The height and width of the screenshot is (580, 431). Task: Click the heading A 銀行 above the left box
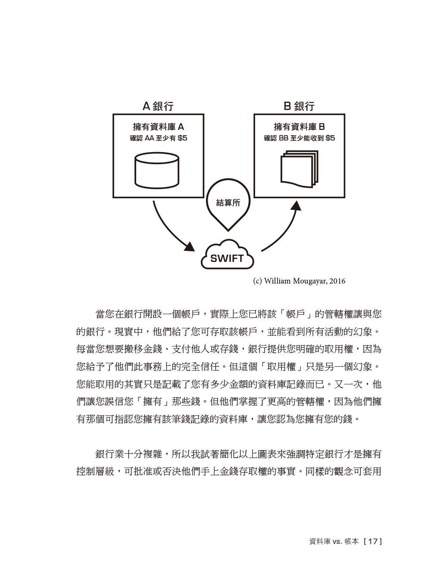point(158,106)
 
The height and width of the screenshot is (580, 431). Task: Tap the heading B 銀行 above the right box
point(299,106)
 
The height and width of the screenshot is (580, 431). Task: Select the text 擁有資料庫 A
point(159,127)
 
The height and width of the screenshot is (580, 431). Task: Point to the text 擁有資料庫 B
point(299,127)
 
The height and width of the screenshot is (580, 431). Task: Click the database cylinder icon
point(157,171)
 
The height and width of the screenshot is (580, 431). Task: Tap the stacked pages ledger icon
point(299,169)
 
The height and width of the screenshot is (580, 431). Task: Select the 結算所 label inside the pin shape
point(228,203)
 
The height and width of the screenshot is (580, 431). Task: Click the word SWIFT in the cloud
point(227,259)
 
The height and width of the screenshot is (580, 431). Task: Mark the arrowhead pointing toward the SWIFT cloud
point(190,246)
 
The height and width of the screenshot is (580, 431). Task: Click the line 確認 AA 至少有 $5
point(159,138)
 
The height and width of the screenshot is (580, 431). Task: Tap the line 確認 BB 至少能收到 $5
point(299,138)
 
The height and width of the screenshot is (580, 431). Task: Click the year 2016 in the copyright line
point(337,281)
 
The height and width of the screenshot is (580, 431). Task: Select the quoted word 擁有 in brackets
point(153,402)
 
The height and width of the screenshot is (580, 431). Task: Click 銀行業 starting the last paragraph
point(109,454)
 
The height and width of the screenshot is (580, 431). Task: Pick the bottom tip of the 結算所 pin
point(228,231)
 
